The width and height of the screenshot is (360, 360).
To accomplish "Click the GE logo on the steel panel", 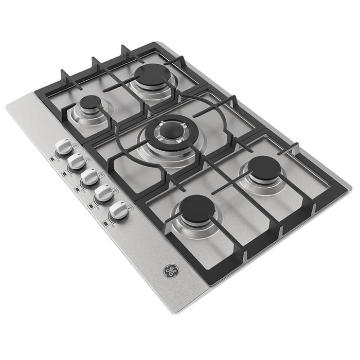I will [170, 271].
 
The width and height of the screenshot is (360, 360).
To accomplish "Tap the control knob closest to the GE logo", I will [119, 210].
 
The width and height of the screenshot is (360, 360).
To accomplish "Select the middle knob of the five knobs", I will [89, 178].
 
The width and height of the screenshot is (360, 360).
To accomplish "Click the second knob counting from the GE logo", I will [104, 194].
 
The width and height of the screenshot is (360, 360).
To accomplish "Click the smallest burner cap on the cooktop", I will [89, 102].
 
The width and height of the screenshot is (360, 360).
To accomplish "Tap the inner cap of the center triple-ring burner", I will [170, 131].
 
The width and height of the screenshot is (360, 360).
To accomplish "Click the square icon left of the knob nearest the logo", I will [105, 223].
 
